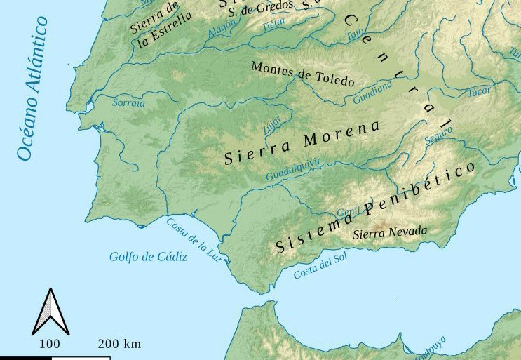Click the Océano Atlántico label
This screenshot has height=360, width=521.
[33, 89]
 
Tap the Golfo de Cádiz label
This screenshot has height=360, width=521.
[148, 257]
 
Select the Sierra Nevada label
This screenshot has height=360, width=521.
[390, 232]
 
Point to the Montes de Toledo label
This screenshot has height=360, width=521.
[302, 74]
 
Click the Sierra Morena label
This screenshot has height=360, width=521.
[302, 142]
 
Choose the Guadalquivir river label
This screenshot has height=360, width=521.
[293, 170]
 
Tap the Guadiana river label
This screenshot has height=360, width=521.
[372, 93]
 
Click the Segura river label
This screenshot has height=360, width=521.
[438, 136]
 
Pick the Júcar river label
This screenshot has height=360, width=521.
[480, 92]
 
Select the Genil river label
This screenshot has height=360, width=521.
[349, 212]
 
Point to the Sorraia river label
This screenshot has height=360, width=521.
[128, 103]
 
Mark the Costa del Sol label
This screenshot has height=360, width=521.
[320, 266]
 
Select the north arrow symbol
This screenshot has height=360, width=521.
[50, 312]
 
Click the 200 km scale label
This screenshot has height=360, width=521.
[119, 344]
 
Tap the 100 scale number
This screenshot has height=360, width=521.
[49, 344]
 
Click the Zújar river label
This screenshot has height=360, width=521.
[271, 125]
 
